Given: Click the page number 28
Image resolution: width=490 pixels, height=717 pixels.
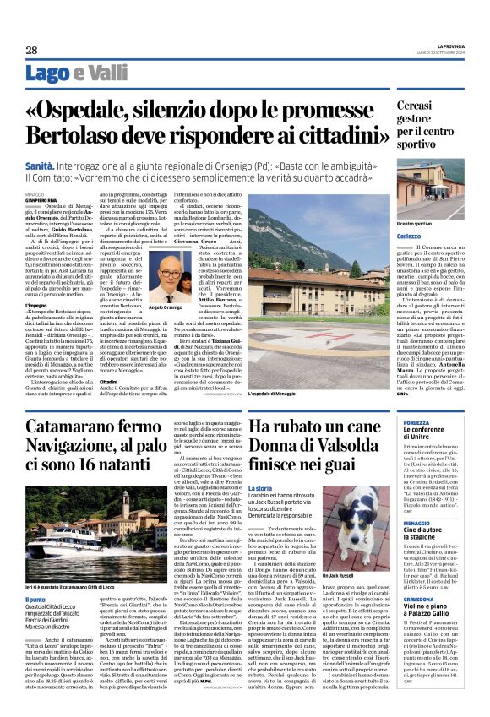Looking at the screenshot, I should (x=31, y=51).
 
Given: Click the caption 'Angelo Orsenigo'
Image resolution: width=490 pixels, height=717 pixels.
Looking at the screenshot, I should (x=177, y=308).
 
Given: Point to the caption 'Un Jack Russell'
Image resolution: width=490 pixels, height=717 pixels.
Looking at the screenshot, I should (x=339, y=574).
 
